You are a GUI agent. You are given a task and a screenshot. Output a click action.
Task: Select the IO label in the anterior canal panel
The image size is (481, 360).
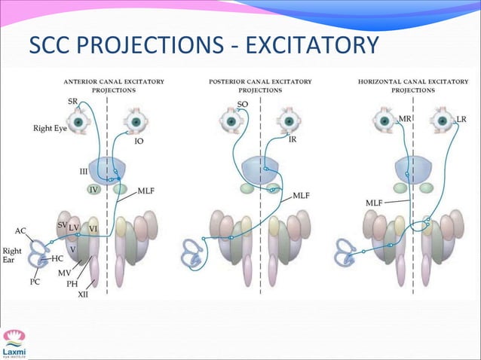point(139,141)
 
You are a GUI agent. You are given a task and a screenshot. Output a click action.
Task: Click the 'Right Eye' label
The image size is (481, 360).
point(48,128)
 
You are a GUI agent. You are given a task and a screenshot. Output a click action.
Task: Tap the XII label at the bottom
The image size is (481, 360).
point(84,294)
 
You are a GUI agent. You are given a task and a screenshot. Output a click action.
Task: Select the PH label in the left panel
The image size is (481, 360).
point(72,284)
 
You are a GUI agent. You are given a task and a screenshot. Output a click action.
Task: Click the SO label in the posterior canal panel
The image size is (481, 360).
point(243,104)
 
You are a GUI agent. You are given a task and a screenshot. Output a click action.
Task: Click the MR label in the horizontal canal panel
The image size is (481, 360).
point(406,119)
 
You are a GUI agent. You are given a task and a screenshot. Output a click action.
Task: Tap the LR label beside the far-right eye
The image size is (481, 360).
point(461,120)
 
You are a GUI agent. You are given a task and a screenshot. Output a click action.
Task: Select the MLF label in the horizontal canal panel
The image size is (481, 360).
point(374,203)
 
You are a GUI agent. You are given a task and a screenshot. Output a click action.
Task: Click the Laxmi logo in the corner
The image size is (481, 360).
point(13,343)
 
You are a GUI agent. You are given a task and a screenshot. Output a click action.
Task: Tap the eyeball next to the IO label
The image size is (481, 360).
point(136,121)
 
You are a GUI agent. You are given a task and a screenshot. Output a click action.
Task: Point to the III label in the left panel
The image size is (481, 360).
point(84,171)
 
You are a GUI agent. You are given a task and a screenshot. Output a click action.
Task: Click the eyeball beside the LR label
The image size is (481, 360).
point(440,118)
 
